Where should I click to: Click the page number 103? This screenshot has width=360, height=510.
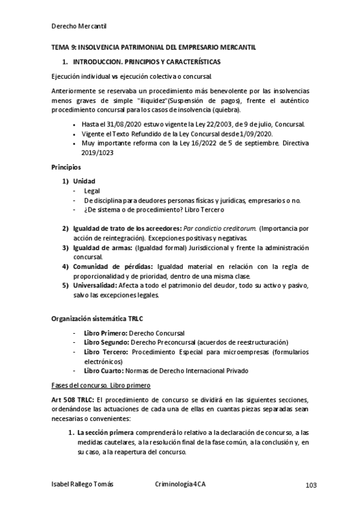click(x=310, y=485)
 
